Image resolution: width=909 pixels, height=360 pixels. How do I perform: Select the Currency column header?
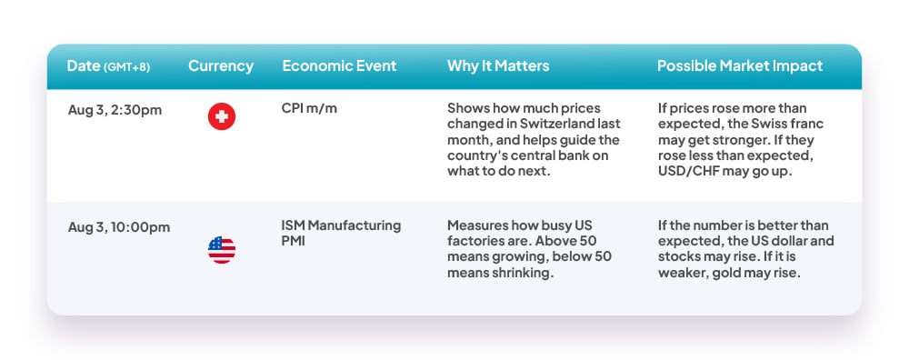[221, 66]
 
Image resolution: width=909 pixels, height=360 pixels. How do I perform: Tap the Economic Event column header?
[339, 66]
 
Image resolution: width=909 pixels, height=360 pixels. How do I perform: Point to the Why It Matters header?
[498, 66]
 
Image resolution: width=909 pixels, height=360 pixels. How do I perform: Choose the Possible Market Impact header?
[740, 66]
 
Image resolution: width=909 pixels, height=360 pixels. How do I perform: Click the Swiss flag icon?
[222, 116]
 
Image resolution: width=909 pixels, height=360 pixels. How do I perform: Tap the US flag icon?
[222, 250]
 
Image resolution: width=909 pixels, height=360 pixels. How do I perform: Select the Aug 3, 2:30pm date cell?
[115, 110]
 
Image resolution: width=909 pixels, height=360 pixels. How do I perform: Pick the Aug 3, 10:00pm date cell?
[119, 227]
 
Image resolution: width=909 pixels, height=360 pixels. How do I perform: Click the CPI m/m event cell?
[309, 108]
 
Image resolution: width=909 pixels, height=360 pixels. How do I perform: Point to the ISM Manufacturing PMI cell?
[341, 233]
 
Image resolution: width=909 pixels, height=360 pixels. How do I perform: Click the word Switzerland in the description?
[568, 124]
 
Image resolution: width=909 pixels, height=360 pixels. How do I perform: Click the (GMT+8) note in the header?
[126, 67]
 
